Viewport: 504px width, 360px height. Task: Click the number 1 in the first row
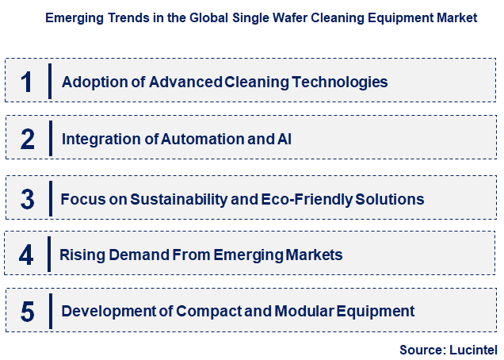[x=27, y=81]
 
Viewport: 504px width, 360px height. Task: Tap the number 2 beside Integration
[x=28, y=140]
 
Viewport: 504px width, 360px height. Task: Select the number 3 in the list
[x=28, y=198]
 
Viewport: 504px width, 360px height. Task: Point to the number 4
[x=27, y=255]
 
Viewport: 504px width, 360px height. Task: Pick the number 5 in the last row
[x=28, y=312]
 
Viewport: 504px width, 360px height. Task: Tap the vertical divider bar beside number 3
[x=50, y=198]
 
